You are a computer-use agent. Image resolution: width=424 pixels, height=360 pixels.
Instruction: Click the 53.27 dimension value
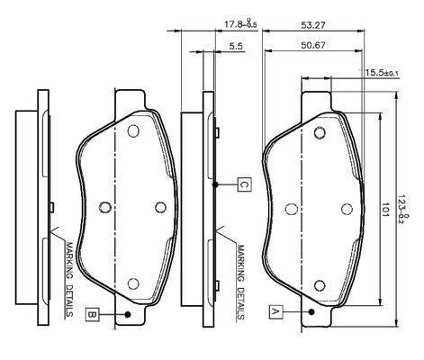coord(313,25)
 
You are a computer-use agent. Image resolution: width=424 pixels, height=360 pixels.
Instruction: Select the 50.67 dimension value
coord(313,45)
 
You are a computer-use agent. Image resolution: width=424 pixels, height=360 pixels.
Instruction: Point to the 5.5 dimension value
coord(236,46)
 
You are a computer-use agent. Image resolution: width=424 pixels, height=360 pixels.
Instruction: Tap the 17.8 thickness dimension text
coord(241,24)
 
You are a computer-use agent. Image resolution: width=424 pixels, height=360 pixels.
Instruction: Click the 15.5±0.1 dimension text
coord(382,73)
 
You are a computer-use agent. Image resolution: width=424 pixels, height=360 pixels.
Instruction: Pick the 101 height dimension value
coord(385,210)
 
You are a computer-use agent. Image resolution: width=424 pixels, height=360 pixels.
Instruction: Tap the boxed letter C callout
coord(245,184)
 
